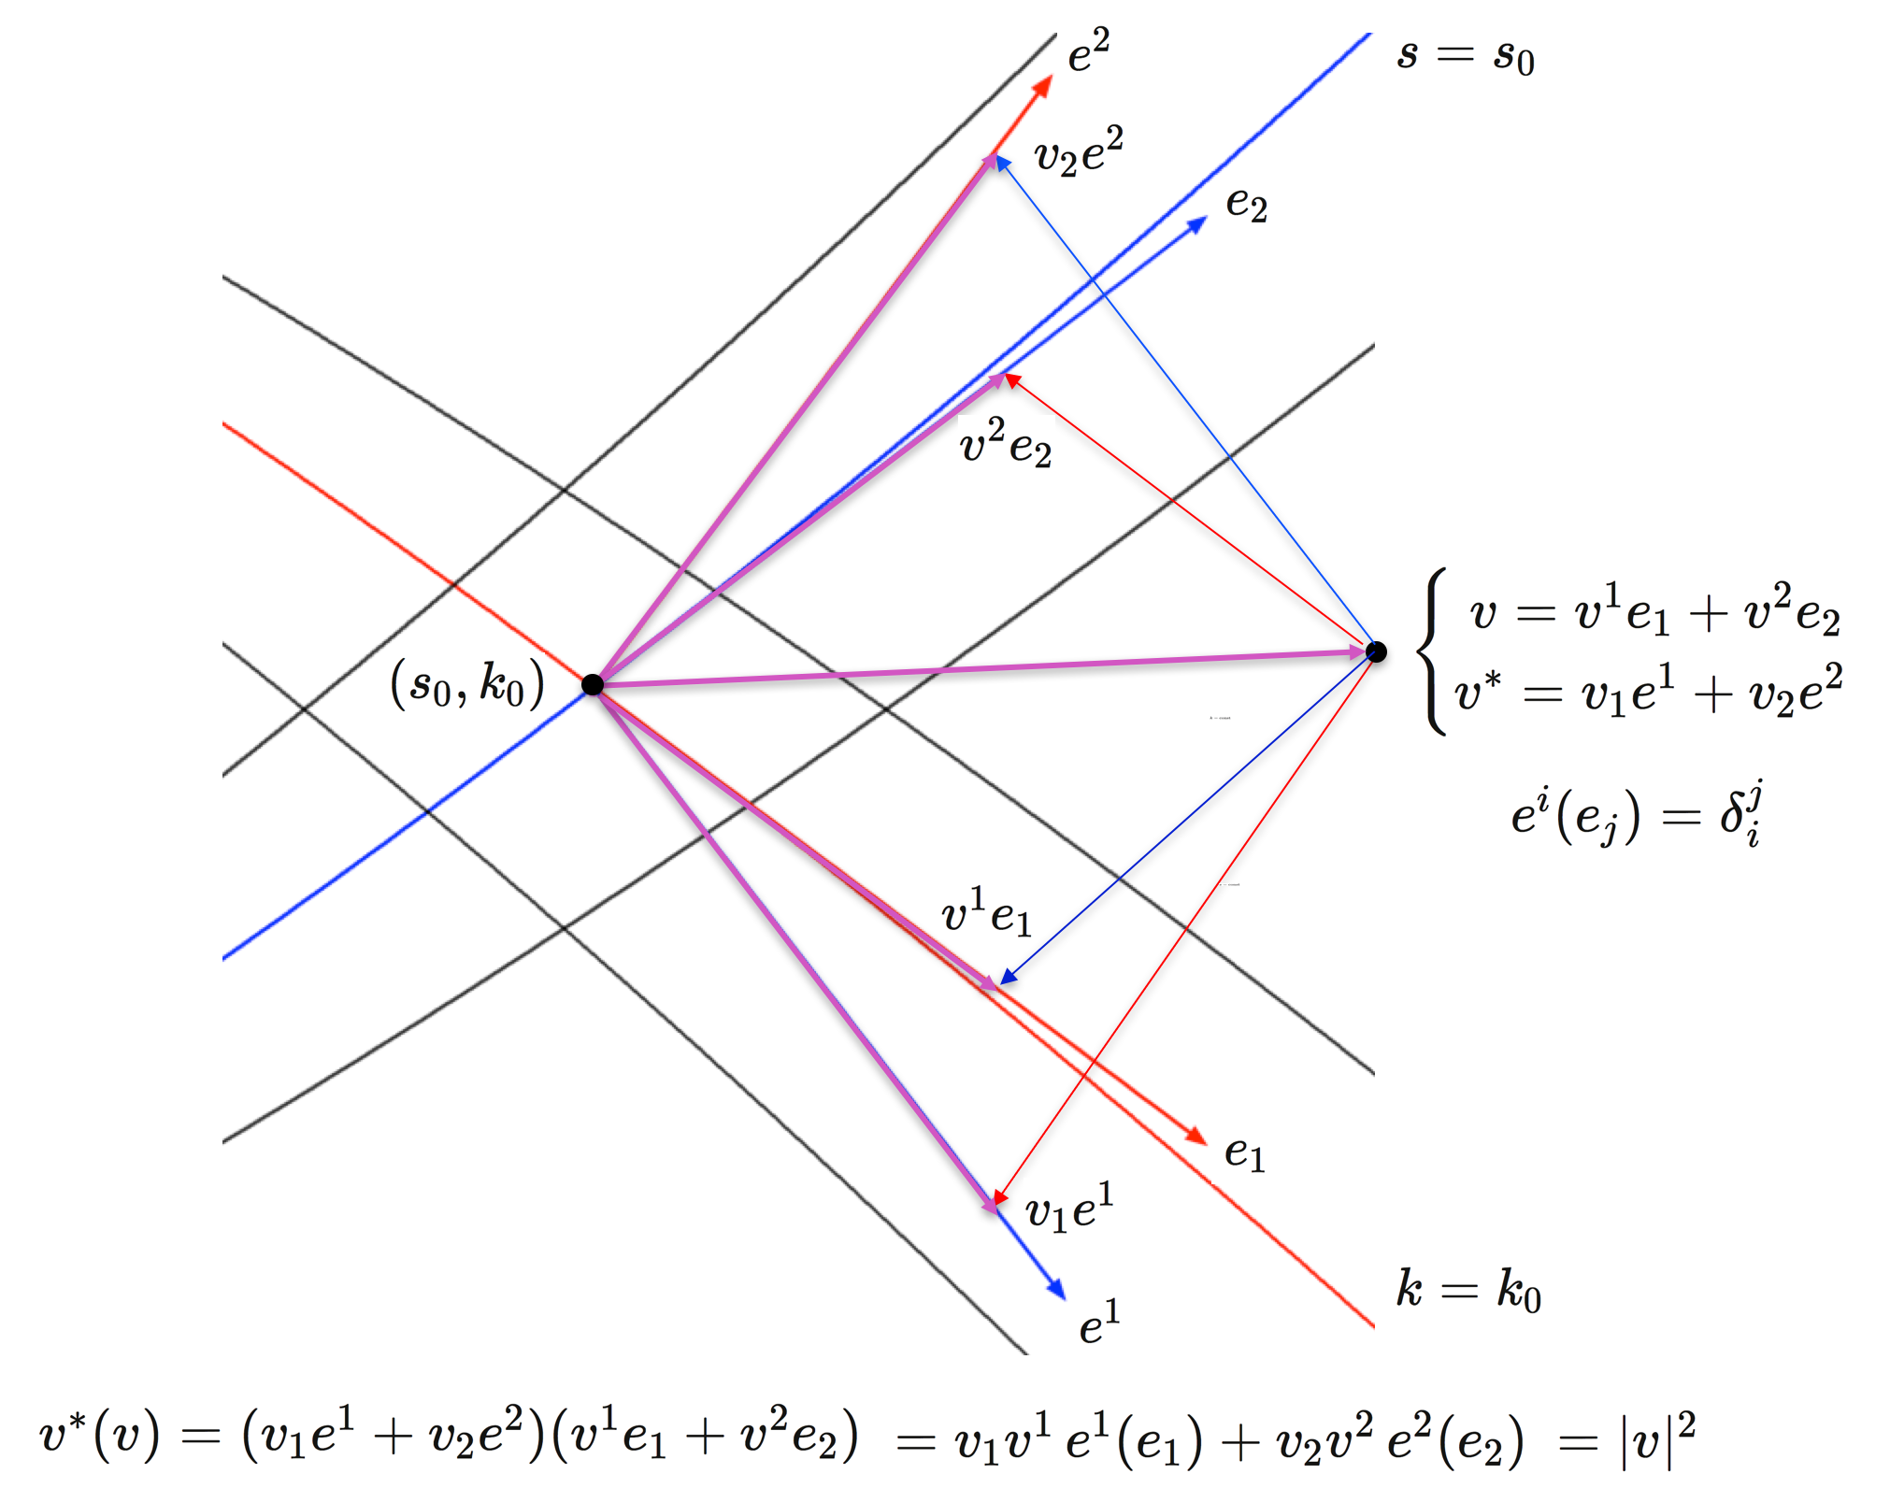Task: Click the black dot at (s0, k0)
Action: (x=593, y=684)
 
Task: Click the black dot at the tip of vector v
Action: (x=1376, y=651)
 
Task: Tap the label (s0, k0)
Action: (x=467, y=685)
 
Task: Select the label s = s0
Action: (x=1465, y=56)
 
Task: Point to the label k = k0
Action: (x=1468, y=1291)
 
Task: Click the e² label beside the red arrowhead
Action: (x=1089, y=51)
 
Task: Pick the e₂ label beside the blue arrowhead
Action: (x=1246, y=204)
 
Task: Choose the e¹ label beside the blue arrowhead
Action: (x=1099, y=1322)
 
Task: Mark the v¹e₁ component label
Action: (x=987, y=912)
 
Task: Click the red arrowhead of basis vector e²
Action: (x=1043, y=87)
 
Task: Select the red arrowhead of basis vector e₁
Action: (x=1195, y=1135)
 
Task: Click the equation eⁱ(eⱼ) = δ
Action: (x=1637, y=813)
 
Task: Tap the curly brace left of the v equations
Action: (x=1432, y=651)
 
